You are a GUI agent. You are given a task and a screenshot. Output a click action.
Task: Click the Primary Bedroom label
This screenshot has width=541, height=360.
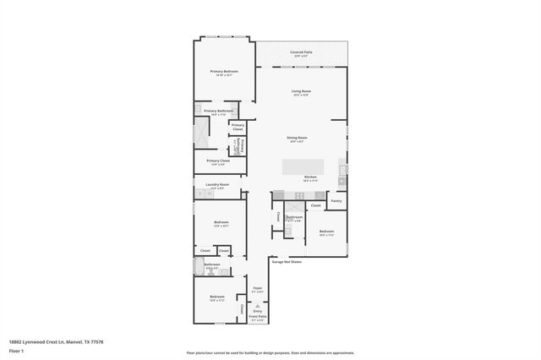(224, 72)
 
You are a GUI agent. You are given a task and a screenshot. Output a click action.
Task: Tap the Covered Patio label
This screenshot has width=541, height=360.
(302, 52)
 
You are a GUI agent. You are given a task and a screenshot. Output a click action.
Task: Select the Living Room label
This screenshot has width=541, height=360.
(301, 91)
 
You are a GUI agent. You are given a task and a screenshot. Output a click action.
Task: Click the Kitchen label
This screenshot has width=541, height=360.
(309, 177)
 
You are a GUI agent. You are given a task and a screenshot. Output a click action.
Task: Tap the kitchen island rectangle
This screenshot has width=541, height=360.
(303, 162)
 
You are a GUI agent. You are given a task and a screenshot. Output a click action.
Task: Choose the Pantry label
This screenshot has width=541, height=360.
(336, 201)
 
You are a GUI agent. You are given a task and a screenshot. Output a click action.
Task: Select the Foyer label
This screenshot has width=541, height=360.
(257, 288)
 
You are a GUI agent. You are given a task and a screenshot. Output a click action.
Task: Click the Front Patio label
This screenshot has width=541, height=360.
(257, 318)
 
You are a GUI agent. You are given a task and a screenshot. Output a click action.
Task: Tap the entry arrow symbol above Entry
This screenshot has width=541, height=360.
(257, 304)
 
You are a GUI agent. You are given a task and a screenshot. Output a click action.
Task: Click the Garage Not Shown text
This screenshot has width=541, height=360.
(287, 261)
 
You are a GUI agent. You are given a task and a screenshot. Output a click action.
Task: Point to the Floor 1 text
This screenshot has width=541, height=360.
(17, 351)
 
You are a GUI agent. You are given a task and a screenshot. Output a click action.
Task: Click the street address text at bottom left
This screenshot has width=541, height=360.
(56, 341)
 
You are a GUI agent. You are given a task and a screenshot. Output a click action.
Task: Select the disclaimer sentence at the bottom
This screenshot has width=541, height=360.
(270, 352)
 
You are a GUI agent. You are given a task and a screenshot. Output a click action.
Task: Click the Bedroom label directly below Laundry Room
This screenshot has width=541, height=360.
(221, 223)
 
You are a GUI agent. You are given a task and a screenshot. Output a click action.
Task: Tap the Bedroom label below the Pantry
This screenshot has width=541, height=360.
(326, 231)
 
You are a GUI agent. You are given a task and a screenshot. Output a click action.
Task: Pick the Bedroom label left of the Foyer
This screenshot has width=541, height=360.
(217, 297)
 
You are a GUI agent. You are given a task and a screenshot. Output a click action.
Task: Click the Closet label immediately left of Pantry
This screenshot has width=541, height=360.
(315, 205)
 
